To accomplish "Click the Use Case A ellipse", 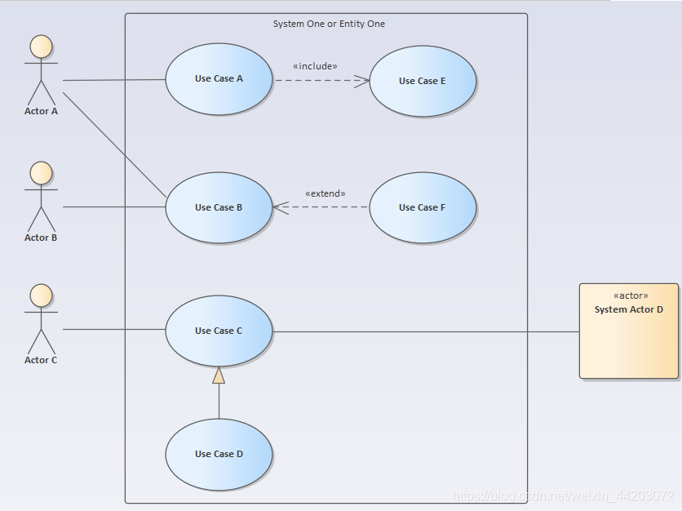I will pos(219,79).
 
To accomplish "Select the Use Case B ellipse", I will pos(219,207).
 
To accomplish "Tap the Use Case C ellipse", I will pos(219,331).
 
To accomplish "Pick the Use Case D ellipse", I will pos(219,454).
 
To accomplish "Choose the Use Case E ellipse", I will pos(423,81).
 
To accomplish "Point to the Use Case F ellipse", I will pos(423,207).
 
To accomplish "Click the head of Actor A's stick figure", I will pos(41,46).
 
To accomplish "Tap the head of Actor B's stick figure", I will pos(41,172).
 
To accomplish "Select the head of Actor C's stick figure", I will pos(41,295).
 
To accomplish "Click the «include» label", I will pos(315,66).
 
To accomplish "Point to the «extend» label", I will pos(325,193).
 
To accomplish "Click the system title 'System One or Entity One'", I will pos(329,24).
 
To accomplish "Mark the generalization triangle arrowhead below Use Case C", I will pos(219,375).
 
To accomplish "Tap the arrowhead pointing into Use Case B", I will pos(280,207).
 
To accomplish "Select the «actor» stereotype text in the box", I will pos(630,295).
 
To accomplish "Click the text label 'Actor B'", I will pos(41,238).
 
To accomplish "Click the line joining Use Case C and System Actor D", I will pos(424,331).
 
